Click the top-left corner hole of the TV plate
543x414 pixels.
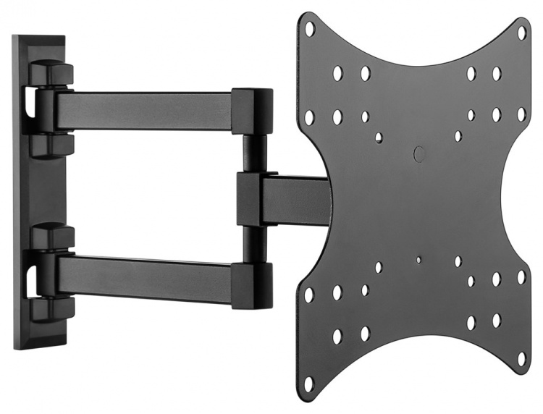[309, 28]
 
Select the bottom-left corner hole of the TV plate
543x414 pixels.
[309, 381]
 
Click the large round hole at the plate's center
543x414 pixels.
[418, 153]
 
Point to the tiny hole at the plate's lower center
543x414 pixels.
[418, 258]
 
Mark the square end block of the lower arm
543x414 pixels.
[252, 284]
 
